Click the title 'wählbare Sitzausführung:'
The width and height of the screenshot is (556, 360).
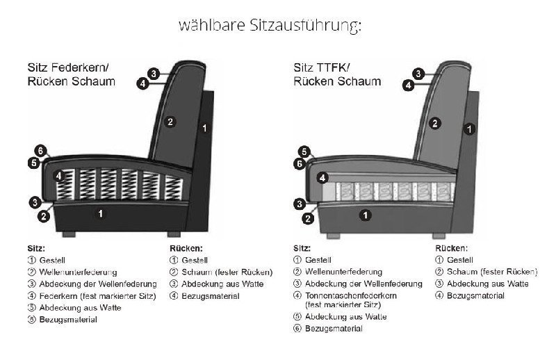[271, 26]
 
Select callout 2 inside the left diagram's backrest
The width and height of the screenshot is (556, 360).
[170, 122]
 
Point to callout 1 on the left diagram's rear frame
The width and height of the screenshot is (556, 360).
[204, 128]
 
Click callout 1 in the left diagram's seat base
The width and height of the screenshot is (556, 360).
[101, 214]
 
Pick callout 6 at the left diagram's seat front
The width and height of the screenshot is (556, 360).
[41, 151]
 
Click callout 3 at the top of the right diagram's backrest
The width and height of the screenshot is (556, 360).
[418, 73]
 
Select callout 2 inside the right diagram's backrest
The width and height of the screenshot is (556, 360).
[434, 124]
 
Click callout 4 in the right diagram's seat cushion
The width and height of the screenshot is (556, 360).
[322, 178]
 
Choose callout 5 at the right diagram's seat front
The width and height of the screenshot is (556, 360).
[303, 152]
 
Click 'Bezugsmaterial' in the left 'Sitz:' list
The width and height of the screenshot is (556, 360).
[68, 320]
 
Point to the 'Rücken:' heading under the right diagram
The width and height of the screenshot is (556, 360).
[451, 247]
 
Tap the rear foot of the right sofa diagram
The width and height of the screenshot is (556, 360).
[439, 231]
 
